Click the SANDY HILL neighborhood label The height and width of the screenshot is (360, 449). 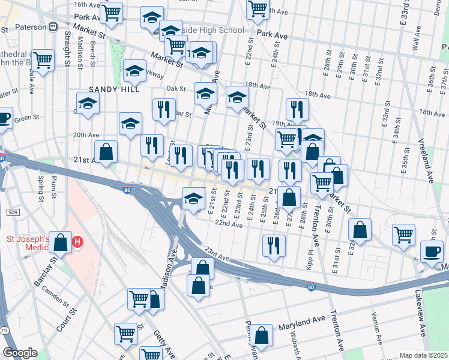point(114,89)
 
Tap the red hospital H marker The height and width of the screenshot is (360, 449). point(77,243)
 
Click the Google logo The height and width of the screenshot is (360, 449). point(20,353)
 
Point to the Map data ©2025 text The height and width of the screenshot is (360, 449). point(423,355)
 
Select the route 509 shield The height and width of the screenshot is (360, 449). point(12,212)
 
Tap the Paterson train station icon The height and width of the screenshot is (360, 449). point(53,26)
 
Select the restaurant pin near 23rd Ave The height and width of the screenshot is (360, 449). point(274,245)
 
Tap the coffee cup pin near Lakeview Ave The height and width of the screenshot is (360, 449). point(432,252)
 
